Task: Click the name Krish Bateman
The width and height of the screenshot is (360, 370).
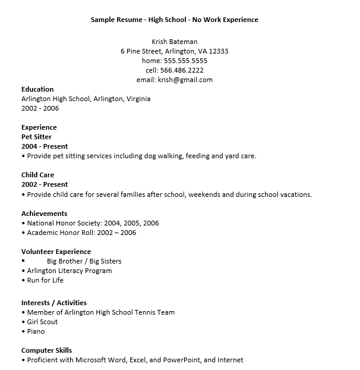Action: pos(174,42)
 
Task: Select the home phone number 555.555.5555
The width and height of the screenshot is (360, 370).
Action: pos(186,61)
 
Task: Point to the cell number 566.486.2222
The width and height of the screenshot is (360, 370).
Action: pos(182,70)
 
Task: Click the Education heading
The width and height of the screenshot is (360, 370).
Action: pos(37,89)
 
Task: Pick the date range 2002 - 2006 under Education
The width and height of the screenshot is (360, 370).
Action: pos(40,108)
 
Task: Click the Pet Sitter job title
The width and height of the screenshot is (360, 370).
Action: pos(36,137)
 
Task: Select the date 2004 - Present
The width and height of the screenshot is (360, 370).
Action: pos(45,146)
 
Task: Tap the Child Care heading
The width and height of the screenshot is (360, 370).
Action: pos(37,175)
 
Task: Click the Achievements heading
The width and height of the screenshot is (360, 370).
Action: pos(44,214)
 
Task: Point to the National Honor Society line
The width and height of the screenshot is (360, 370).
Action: pos(93,223)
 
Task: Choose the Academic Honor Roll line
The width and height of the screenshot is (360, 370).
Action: pos(81,233)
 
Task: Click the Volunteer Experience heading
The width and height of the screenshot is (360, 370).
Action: pos(56,252)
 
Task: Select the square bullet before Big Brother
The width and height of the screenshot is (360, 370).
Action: pos(23,261)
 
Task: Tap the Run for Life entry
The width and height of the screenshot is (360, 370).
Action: pos(45,280)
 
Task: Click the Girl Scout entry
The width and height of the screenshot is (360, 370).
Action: pos(42,322)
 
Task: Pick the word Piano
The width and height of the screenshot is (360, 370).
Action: pos(36,331)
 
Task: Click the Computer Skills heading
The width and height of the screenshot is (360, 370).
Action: pos(46,350)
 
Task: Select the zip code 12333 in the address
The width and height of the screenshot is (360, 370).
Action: pos(218,51)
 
